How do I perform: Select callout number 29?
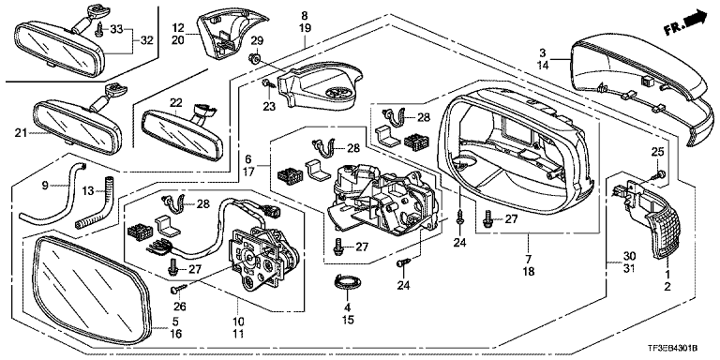pyautogui.click(x=257, y=41)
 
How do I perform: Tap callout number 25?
pyautogui.click(x=657, y=152)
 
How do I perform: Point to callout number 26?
pyautogui.click(x=178, y=307)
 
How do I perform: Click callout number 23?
pyautogui.click(x=269, y=107)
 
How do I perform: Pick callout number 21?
pyautogui.click(x=21, y=133)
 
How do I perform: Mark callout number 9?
pyautogui.click(x=45, y=186)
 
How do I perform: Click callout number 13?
pyautogui.click(x=89, y=189)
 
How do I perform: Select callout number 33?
pyautogui.click(x=116, y=30)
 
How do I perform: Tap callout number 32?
pyautogui.click(x=146, y=40)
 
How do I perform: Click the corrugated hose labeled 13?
pyautogui.click(x=92, y=202)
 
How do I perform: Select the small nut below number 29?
pyautogui.click(x=256, y=58)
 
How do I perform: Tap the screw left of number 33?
pyautogui.click(x=99, y=30)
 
